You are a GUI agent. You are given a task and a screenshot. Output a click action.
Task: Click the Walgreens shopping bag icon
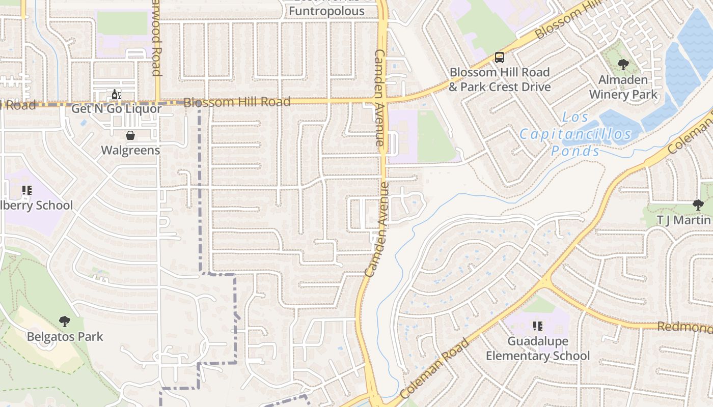coord(130,135)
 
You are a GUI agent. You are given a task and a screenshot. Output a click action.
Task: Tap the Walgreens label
coord(130,150)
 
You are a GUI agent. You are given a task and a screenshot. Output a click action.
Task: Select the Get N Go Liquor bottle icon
coord(117,94)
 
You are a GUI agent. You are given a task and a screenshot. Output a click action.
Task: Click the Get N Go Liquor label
coord(117,108)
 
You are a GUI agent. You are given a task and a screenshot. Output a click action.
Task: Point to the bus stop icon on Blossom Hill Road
coord(500,57)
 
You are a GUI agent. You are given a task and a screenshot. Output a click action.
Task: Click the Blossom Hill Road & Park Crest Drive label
coord(499,79)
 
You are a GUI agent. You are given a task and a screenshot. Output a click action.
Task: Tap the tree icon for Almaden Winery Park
coord(623,65)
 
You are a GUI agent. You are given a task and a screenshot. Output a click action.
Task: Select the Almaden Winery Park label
coord(623,87)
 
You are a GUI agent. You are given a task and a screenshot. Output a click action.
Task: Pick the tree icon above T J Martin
coord(698,205)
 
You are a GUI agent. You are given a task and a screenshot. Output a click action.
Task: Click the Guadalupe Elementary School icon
coord(538,326)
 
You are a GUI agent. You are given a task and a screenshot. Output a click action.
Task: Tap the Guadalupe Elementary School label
coord(538,348)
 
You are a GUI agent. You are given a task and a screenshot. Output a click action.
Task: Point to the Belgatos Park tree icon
coord(65,322)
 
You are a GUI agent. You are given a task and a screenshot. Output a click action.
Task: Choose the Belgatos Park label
coord(65,336)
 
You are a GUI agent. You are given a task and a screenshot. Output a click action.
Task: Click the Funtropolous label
coord(327,11)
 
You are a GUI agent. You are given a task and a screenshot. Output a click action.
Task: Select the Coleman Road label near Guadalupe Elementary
coord(434,369)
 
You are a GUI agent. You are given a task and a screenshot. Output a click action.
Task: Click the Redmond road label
coord(684,327)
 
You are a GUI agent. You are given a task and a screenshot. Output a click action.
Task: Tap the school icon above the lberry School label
coord(27,191)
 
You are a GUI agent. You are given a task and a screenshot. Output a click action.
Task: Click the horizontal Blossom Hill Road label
coord(237,102)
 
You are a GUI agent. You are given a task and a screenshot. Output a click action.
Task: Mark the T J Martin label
coord(683,220)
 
